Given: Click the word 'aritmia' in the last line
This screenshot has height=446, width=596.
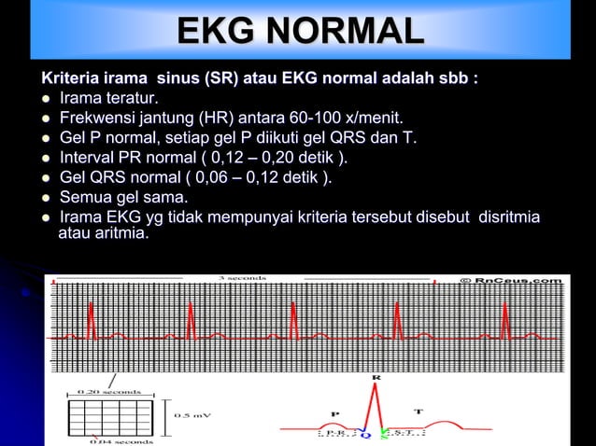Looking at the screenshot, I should pos(118,232).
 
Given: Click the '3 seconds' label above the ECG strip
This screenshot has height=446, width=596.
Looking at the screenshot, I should pos(242,278).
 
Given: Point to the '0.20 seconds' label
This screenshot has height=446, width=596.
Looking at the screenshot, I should pos(111,393).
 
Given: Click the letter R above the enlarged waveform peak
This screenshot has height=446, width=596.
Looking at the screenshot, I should pos(376,378).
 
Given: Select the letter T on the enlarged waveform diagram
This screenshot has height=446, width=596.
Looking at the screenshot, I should pos(418,411).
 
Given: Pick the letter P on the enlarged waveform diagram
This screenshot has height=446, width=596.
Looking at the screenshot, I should pos(335,411).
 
